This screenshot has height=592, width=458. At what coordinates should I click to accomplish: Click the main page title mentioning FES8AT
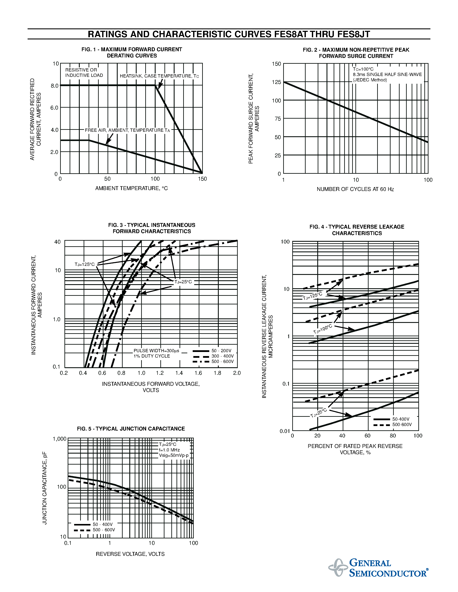tap(229, 34)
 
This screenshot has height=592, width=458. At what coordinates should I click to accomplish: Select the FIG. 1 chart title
tap(132, 53)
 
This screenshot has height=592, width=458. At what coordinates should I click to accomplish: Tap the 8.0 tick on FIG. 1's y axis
tap(55, 86)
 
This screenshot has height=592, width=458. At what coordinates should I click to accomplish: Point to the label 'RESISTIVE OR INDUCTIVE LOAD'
tap(84, 73)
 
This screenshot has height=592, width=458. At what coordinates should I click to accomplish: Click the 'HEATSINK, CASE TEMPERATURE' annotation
tap(159, 76)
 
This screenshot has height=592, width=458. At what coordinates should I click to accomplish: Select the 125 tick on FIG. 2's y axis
tap(276, 82)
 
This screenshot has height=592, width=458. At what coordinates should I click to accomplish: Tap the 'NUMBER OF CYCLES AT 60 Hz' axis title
tap(355, 189)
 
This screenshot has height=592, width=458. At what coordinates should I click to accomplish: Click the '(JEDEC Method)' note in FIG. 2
tap(370, 80)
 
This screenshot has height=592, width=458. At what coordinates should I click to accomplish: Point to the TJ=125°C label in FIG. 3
tap(85, 264)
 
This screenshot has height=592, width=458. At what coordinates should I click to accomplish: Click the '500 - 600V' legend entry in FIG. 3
tap(222, 362)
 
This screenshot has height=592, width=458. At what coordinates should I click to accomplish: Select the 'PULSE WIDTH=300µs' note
tap(156, 351)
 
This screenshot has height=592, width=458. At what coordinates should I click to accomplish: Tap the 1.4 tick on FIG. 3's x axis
tap(179, 373)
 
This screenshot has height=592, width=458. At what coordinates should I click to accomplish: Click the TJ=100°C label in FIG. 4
tap(323, 329)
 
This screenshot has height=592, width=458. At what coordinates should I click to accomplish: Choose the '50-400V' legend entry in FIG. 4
tap(401, 419)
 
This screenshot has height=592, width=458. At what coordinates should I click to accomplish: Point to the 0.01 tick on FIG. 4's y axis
tap(285, 431)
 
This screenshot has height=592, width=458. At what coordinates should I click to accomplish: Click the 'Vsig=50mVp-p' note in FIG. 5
tap(174, 455)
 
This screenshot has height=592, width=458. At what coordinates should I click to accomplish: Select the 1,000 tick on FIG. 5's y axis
tap(59, 439)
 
